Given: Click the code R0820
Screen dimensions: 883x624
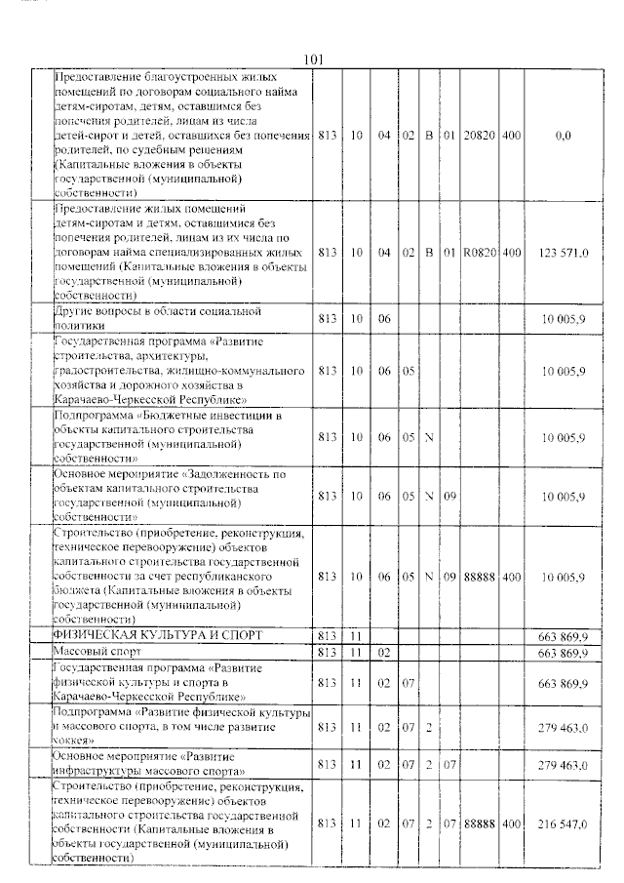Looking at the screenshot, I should point(480,252).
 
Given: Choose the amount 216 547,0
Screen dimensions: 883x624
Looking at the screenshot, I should point(563,823).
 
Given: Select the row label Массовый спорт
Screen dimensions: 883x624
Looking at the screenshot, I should point(96,651).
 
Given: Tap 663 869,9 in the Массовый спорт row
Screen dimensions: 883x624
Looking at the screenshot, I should point(563,651).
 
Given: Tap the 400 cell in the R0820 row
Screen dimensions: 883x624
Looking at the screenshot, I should point(511,252).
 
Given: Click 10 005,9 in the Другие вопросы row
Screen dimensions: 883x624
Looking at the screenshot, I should point(563,318).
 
